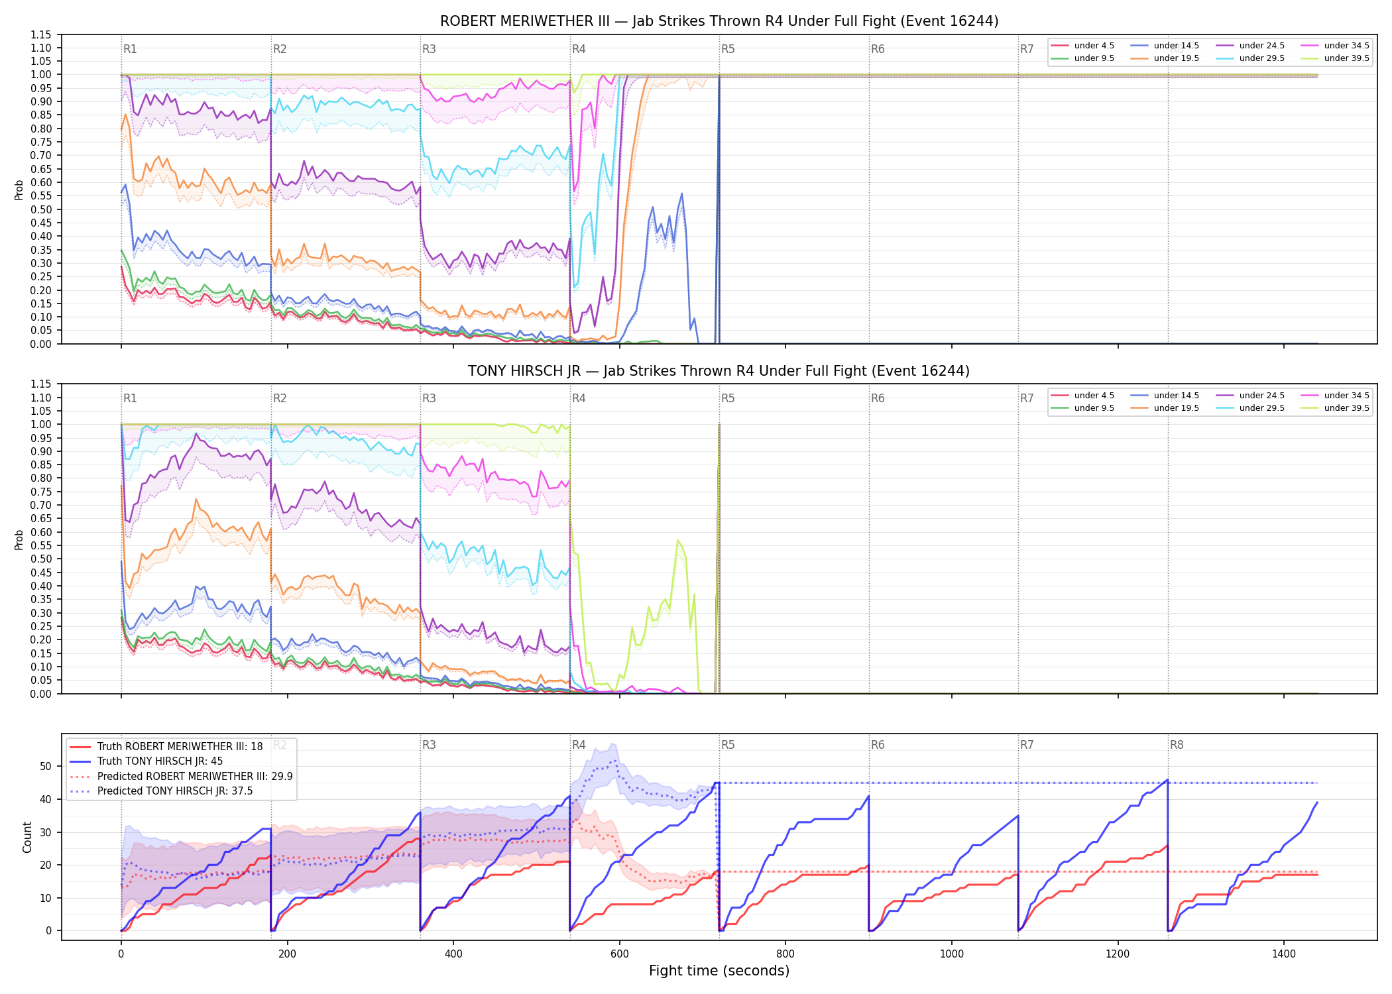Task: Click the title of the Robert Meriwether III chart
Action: point(719,21)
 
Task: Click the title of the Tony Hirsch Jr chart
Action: point(719,371)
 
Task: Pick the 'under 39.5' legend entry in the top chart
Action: point(1335,58)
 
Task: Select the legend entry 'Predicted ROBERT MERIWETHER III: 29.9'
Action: point(181,776)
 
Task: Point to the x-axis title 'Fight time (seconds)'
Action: point(719,971)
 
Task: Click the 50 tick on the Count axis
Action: point(46,766)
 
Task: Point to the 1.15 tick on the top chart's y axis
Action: point(41,34)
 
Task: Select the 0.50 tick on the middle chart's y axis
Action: point(41,559)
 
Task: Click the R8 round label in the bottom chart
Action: point(1177,745)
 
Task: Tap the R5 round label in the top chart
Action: point(728,49)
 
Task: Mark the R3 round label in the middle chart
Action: point(429,398)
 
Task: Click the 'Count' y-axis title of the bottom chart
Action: point(27,837)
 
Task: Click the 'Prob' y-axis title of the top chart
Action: point(19,190)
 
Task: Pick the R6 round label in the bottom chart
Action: point(878,745)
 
